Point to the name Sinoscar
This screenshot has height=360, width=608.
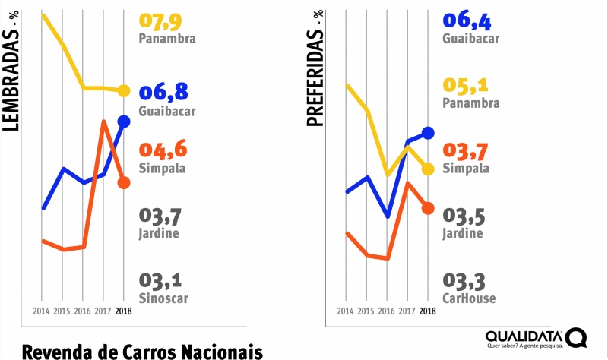click(163, 298)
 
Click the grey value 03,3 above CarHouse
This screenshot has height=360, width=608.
click(465, 281)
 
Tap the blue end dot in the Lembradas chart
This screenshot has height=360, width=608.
click(124, 121)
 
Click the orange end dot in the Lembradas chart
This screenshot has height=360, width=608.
click(124, 182)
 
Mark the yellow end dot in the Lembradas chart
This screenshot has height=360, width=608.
click(124, 91)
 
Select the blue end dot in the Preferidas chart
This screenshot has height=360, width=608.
click(428, 133)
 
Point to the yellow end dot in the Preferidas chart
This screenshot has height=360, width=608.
click(428, 169)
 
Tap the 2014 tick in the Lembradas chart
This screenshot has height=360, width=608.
click(42, 311)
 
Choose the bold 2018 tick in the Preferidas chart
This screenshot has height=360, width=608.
click(427, 311)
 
